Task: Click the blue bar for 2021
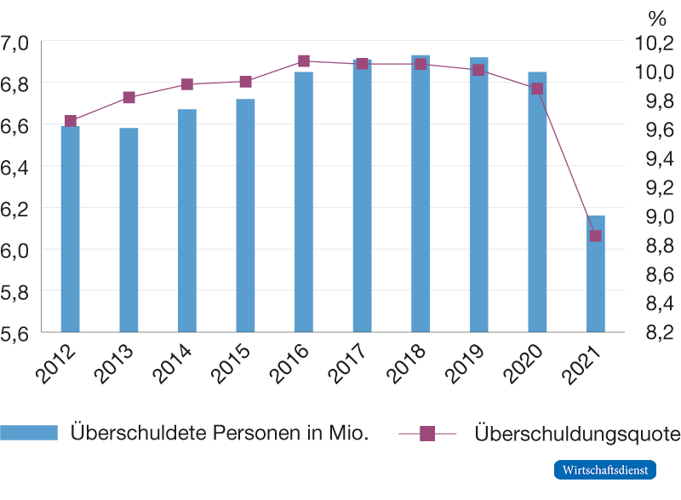point(595,273)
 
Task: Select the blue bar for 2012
point(70,228)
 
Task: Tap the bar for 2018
point(421,193)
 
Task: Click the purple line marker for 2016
point(304,61)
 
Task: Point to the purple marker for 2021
point(595,236)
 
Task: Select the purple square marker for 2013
point(129,98)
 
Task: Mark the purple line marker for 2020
point(537,89)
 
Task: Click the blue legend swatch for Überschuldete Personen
point(29,433)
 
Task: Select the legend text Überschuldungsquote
point(576,434)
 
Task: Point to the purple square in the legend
point(427,434)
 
